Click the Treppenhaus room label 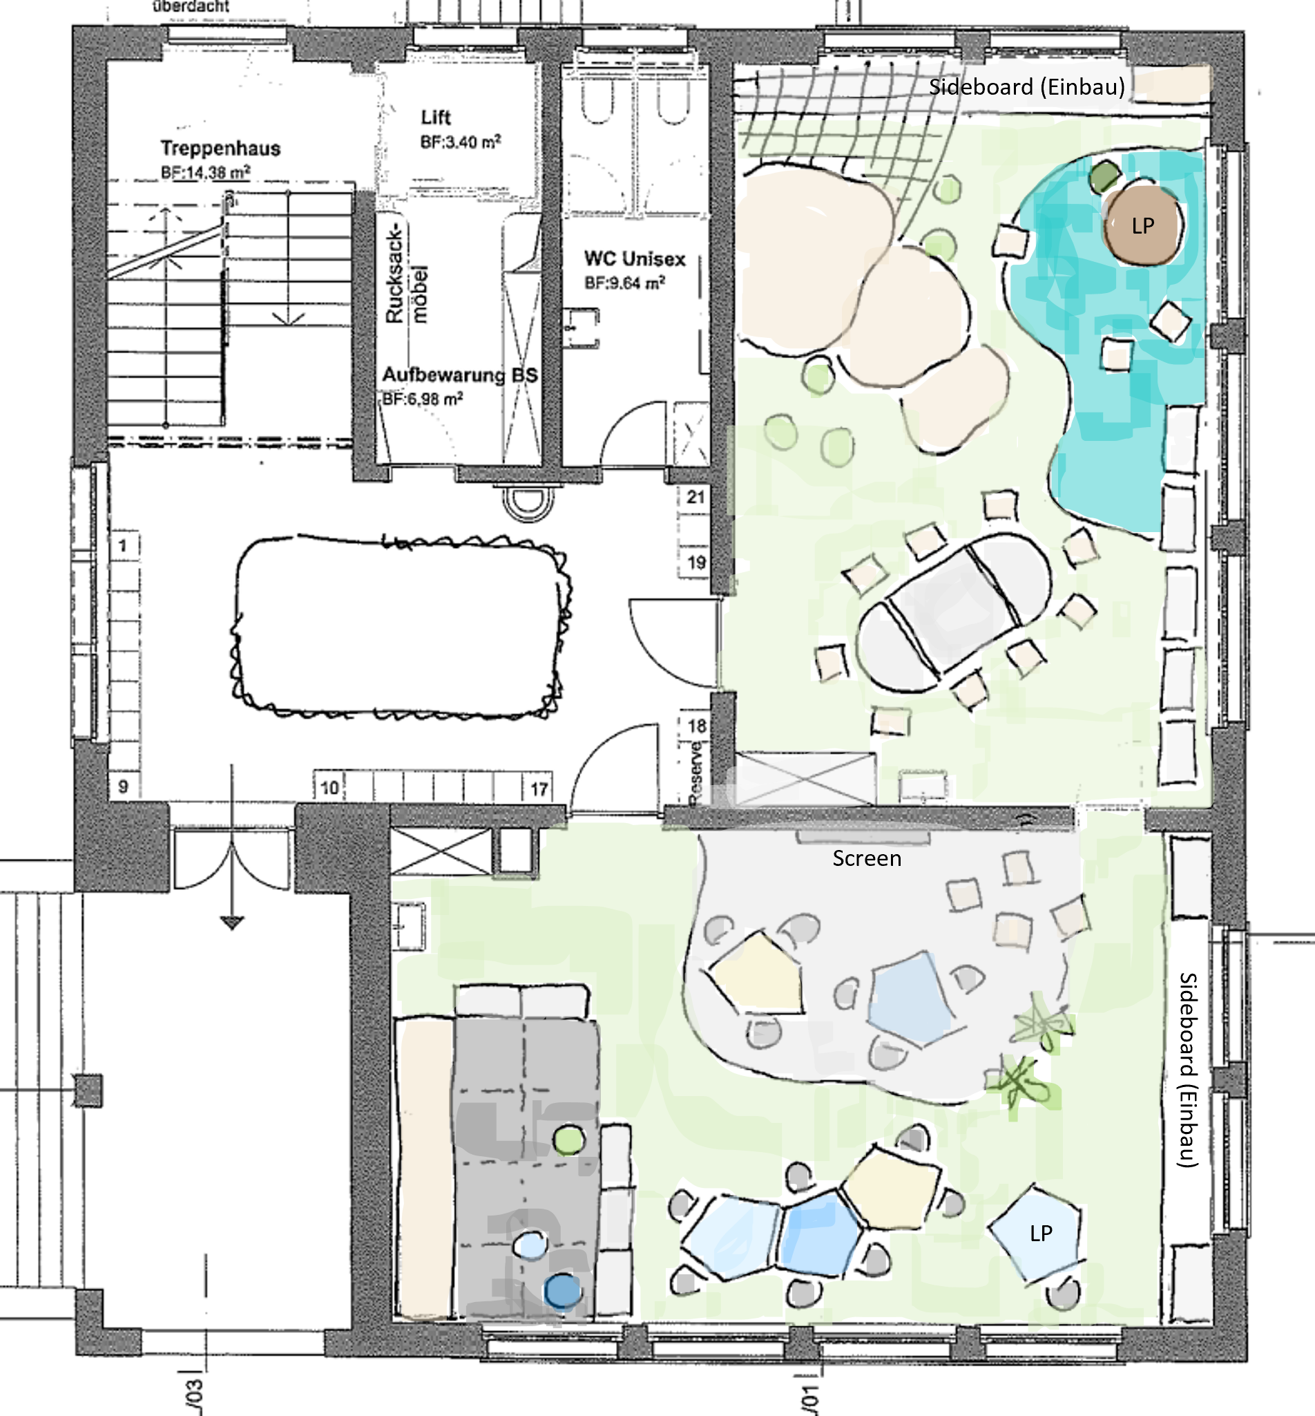(220, 148)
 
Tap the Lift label (436, 117)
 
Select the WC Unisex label (635, 258)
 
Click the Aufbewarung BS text (460, 375)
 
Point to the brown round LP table (1143, 225)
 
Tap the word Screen (866, 858)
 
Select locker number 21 (695, 497)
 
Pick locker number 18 (697, 726)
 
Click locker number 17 (539, 789)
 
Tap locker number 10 (329, 788)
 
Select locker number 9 (123, 786)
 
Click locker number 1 (123, 546)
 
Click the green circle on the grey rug (568, 1140)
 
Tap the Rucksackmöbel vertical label (405, 276)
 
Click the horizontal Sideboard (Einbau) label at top (1026, 87)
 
